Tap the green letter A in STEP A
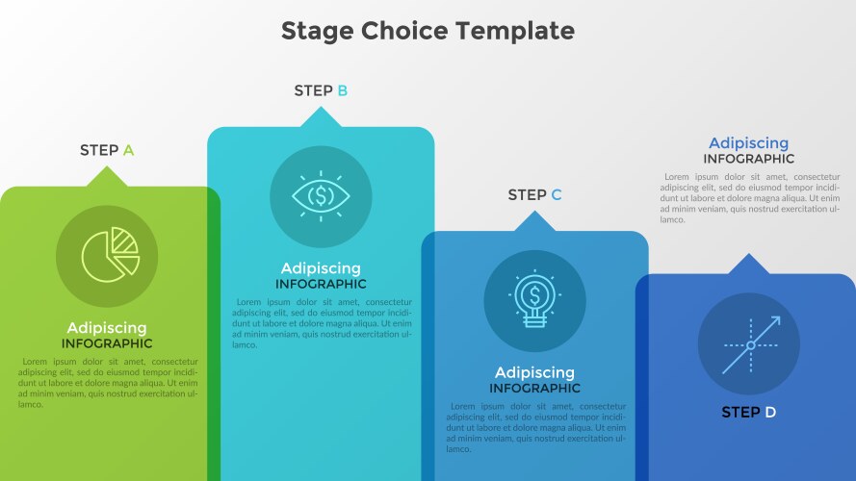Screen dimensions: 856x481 pyautogui.click(x=128, y=150)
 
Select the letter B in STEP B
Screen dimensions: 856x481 pyautogui.click(x=342, y=90)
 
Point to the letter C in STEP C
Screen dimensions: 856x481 pyautogui.click(x=557, y=194)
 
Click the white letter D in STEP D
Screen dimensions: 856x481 pyautogui.click(x=770, y=413)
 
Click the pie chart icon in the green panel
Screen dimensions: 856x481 pyautogui.click(x=111, y=255)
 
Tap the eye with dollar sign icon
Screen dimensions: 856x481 pyautogui.click(x=321, y=196)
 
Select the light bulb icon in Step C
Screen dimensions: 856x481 pyautogui.click(x=535, y=299)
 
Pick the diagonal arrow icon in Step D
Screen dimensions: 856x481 pyautogui.click(x=751, y=345)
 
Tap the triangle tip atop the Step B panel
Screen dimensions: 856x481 pyautogui.click(x=321, y=107)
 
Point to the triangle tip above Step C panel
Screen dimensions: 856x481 pyautogui.click(x=535, y=211)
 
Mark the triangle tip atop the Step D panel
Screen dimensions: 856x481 pyautogui.click(x=749, y=254)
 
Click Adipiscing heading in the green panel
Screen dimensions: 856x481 pyautogui.click(x=107, y=328)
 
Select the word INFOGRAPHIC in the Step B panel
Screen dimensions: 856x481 pyautogui.click(x=321, y=284)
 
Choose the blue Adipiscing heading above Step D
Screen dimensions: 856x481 pyautogui.click(x=749, y=143)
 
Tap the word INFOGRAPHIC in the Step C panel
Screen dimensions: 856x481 pyautogui.click(x=535, y=389)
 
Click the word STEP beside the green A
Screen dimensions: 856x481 pyautogui.click(x=99, y=150)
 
